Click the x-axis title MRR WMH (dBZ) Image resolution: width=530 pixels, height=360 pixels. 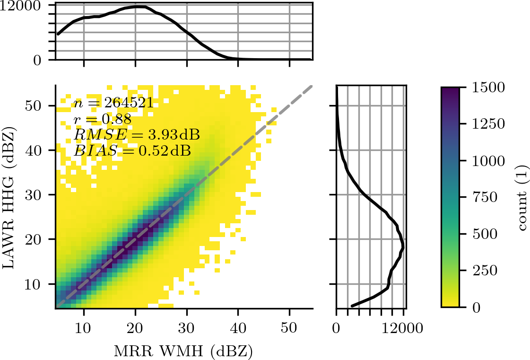[184, 351]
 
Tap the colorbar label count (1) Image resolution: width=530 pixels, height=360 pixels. [522, 198]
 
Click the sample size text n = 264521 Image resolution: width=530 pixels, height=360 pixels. [113, 103]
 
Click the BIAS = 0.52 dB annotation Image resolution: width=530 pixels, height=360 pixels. [132, 151]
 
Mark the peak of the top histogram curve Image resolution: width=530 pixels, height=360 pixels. [139, 7]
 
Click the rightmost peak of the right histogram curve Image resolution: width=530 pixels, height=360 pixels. [403, 246]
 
